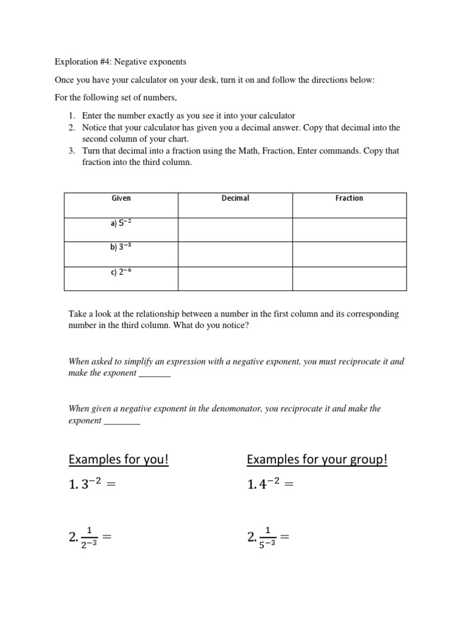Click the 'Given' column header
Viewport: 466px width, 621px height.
[x=121, y=198]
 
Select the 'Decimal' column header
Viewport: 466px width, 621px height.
[x=235, y=198]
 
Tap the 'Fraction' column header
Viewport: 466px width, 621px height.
[x=349, y=198]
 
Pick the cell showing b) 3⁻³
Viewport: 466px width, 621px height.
[x=121, y=247]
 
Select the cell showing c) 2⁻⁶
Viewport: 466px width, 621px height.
[x=121, y=272]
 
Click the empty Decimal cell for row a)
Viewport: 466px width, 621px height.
[x=235, y=229]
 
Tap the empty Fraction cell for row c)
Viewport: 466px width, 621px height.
[x=349, y=278]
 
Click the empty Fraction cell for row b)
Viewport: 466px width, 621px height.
[x=349, y=254]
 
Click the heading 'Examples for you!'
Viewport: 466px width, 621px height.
[x=118, y=460]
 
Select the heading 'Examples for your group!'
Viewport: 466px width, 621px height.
[x=317, y=460]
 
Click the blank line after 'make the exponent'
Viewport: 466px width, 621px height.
[x=155, y=374]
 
